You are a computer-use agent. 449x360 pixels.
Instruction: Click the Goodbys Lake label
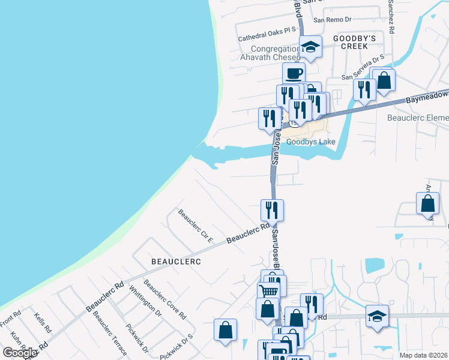pos(310,142)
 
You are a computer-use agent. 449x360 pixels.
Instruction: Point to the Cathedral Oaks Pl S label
pos(267,33)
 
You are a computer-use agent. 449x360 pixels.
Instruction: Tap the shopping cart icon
pos(268,291)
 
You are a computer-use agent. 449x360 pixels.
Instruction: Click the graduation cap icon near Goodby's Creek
pos(310,47)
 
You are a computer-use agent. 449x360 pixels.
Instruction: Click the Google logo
pos(20,353)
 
